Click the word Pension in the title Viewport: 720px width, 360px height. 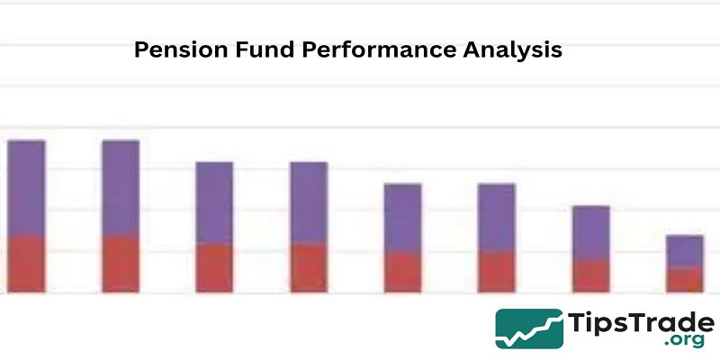[x=181, y=49]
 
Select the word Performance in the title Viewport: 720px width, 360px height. [x=379, y=49]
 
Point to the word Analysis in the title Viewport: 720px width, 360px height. [x=512, y=50]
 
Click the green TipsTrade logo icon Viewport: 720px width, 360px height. [x=529, y=328]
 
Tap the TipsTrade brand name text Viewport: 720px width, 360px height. [x=641, y=322]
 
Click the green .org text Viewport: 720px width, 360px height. [x=684, y=340]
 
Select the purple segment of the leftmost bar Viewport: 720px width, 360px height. [x=26, y=188]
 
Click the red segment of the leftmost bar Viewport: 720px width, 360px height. [x=26, y=265]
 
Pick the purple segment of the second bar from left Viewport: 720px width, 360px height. [x=121, y=188]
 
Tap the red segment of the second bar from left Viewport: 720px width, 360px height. [x=121, y=265]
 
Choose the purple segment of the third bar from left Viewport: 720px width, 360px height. [x=214, y=203]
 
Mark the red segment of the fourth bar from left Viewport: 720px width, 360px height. [x=309, y=268]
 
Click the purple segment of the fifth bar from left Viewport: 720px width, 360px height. [x=402, y=218]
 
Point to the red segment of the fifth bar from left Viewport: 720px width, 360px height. [x=402, y=273]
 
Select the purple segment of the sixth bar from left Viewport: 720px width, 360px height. [x=497, y=218]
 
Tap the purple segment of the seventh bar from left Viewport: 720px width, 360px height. [x=591, y=234]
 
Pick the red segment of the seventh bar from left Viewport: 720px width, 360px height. [x=591, y=277]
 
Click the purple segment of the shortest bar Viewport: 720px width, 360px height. [x=685, y=252]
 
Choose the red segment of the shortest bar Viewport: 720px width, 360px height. [x=685, y=280]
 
